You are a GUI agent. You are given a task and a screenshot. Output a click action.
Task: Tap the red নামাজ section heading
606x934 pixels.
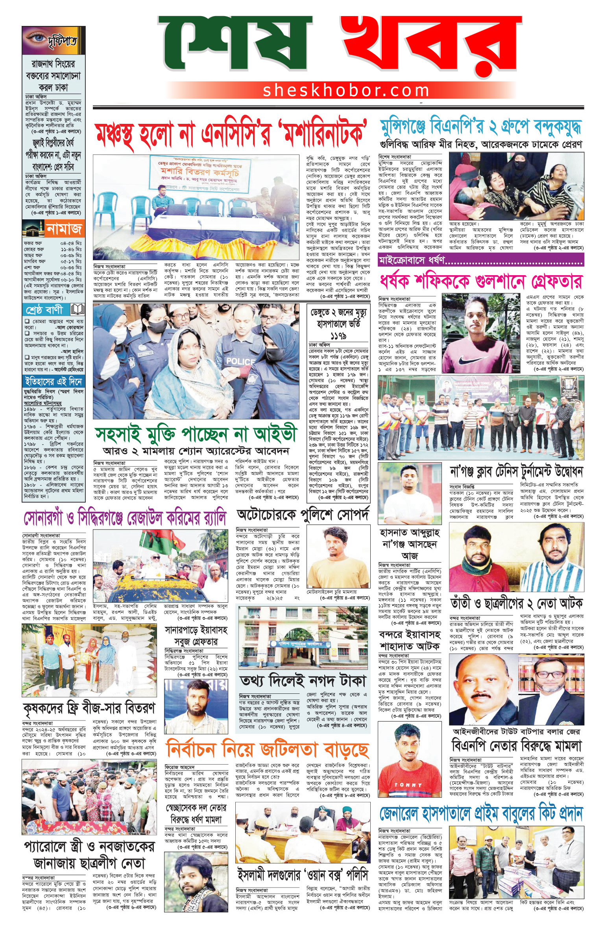pyautogui.click(x=64, y=229)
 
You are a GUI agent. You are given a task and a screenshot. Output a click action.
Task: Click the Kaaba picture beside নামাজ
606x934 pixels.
pyautogui.click(x=33, y=228)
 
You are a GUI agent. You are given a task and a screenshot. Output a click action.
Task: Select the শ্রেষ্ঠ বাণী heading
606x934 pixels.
pyautogui.click(x=44, y=310)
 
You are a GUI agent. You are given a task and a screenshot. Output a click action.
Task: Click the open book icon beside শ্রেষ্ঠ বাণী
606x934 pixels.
pyautogui.click(x=77, y=310)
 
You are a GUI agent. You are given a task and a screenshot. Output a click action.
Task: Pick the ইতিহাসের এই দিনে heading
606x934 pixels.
pyautogui.click(x=53, y=382)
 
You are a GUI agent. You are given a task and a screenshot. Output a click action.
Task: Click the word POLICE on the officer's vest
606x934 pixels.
pyautogui.click(x=240, y=361)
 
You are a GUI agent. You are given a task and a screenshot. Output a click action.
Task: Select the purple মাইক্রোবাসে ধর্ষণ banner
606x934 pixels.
pyautogui.click(x=480, y=260)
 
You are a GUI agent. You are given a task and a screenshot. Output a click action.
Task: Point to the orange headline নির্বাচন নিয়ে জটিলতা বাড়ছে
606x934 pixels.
pyautogui.click(x=268, y=750)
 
